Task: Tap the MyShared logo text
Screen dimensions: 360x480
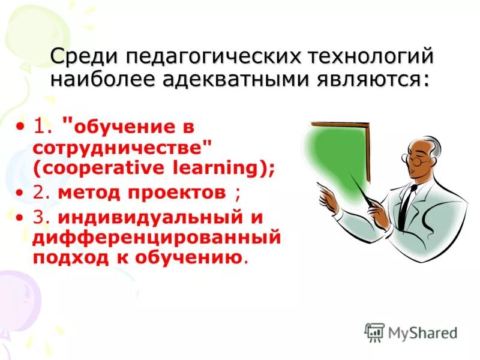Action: pos(422,332)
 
